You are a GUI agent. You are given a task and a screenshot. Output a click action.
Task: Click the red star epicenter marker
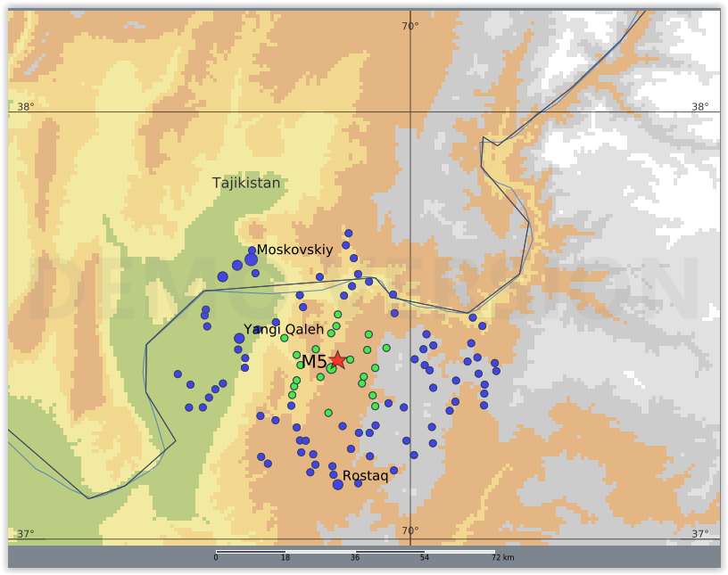[337, 359]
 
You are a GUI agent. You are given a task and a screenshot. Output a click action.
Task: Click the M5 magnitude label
[314, 362]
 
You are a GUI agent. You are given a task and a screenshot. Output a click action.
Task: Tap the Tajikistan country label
[246, 183]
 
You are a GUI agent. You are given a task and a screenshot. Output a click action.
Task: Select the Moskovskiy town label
[294, 250]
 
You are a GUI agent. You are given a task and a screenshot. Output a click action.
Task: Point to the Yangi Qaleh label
[284, 330]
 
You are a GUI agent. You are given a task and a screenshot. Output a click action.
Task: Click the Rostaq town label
[365, 476]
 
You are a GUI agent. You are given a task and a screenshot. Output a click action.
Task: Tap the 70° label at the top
[409, 26]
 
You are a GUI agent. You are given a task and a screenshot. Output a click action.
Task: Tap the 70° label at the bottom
[409, 531]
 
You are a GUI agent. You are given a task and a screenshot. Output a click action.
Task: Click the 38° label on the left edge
[26, 107]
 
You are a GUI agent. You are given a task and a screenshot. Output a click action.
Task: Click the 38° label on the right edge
[700, 107]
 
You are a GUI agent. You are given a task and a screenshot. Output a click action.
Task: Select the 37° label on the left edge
[26, 534]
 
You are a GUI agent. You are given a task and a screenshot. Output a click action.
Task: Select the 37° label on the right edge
[700, 534]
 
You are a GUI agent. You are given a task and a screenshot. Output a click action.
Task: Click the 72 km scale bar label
[502, 558]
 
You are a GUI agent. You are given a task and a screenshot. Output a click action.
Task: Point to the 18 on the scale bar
[285, 558]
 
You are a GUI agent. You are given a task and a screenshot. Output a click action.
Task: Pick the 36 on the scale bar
[355, 558]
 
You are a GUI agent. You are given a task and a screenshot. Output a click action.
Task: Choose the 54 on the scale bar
[425, 558]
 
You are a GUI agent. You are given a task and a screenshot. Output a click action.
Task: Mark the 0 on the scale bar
[216, 558]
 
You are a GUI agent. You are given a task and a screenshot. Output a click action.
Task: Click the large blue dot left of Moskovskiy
[252, 259]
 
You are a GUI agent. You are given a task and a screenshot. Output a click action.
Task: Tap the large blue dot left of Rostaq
[337, 484]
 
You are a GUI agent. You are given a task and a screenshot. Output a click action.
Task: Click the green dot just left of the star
[331, 367]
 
